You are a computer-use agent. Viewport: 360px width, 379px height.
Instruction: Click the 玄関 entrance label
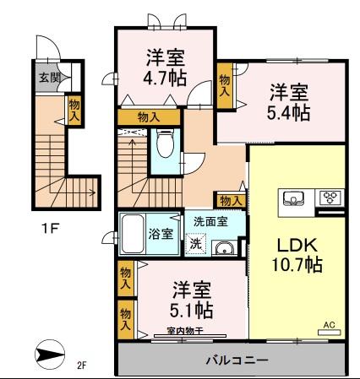[48, 77]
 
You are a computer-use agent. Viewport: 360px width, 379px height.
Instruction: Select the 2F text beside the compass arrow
[82, 365]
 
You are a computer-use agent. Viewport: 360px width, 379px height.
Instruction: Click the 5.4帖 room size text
[289, 113]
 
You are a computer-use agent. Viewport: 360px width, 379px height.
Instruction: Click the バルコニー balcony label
[236, 360]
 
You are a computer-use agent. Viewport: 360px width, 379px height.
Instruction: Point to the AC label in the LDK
[330, 323]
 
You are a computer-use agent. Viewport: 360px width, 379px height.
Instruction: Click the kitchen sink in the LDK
[294, 198]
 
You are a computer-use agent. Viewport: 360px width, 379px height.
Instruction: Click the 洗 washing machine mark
[196, 246]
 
